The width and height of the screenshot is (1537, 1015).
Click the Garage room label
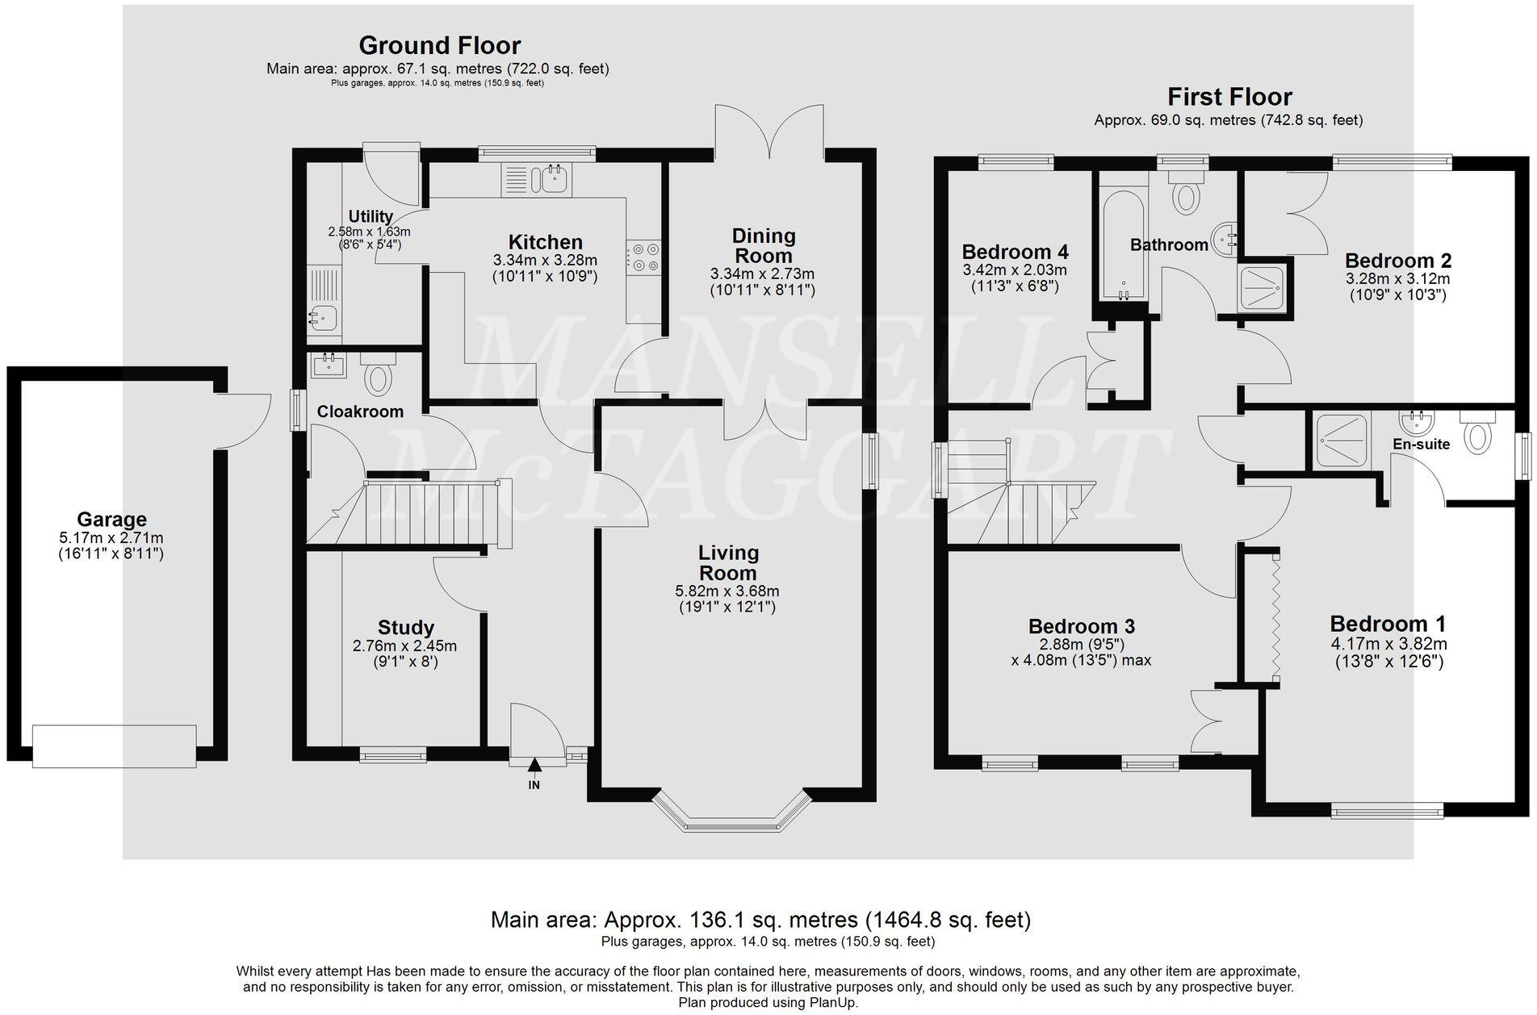[111, 520]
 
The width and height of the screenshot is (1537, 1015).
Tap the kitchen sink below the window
[536, 180]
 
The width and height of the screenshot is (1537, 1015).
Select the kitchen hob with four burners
[644, 257]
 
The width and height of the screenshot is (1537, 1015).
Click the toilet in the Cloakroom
[378, 375]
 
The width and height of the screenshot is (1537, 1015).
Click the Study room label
[406, 628]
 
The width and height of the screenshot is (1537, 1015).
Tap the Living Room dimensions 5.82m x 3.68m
[727, 591]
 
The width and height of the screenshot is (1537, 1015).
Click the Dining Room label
[764, 245]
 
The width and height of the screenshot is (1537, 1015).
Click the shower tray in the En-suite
[1341, 441]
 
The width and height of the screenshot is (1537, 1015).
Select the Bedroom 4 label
[1015, 251]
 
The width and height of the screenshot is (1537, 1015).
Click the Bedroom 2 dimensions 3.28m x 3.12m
[1397, 279]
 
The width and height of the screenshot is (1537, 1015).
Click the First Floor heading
[1229, 98]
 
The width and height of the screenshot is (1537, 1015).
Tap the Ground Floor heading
[439, 45]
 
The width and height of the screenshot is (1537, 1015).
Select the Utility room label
[371, 216]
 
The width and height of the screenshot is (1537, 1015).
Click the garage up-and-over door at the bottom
[114, 746]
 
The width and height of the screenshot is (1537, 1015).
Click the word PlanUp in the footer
[833, 1003]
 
